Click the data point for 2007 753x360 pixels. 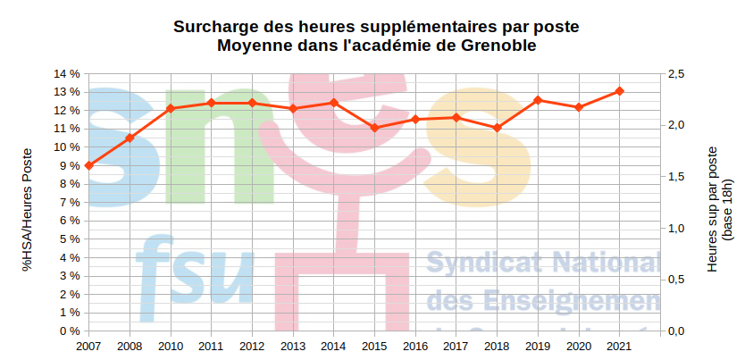pyautogui.click(x=89, y=165)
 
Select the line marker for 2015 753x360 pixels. pyautogui.click(x=374, y=128)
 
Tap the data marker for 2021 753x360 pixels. pyautogui.click(x=620, y=91)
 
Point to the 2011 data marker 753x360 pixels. pyautogui.click(x=211, y=103)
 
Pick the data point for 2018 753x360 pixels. pyautogui.click(x=498, y=128)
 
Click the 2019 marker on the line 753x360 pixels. pyautogui.click(x=538, y=100)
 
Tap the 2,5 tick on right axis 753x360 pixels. pyautogui.click(x=676, y=73)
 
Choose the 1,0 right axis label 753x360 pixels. pyautogui.click(x=676, y=229)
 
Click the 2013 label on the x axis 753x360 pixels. pyautogui.click(x=293, y=346)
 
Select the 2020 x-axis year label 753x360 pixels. pyautogui.click(x=579, y=346)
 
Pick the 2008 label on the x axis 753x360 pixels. pyautogui.click(x=130, y=346)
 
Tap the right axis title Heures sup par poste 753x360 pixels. pyautogui.click(x=713, y=209)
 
